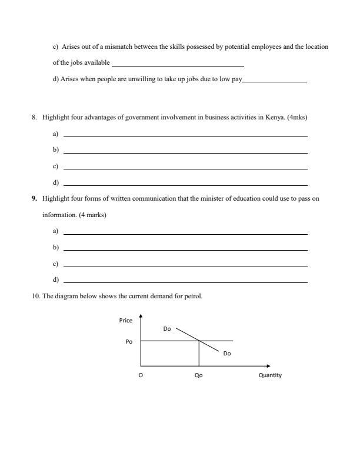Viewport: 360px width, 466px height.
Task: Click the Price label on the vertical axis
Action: coord(126,321)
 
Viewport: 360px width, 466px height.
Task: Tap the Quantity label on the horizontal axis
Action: coord(270,375)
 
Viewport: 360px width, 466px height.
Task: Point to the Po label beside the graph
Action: coord(129,341)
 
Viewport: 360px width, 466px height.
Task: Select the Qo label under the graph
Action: coord(198,375)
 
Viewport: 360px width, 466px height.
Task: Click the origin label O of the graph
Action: coord(140,375)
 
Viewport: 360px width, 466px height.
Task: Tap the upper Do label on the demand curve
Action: coord(167,329)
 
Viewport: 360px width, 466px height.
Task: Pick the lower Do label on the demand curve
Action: coord(227,354)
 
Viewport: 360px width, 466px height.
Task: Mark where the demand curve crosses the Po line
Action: coord(199,341)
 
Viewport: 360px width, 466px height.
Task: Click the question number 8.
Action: coord(35,117)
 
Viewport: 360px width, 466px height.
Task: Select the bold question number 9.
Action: coord(35,199)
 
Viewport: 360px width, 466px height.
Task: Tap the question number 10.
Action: coord(36,296)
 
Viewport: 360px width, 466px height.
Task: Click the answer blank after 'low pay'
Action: coord(274,81)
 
